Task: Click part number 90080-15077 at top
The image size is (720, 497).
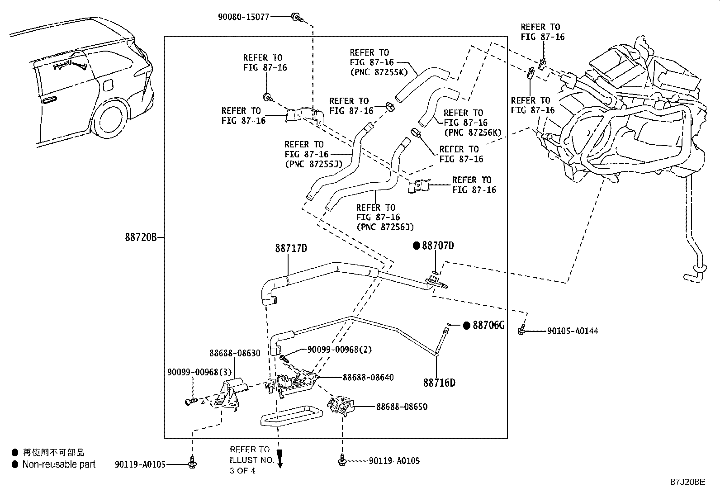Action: point(243,17)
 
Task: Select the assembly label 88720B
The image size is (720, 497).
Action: point(141,237)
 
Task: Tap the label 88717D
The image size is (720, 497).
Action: point(291,248)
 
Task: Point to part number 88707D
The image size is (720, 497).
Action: point(437,246)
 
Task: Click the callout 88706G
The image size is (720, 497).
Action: point(488,325)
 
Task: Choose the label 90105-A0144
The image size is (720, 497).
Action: point(572,331)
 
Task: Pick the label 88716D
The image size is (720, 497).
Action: point(439,383)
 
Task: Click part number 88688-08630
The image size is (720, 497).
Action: point(235,353)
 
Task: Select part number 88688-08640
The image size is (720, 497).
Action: point(368,377)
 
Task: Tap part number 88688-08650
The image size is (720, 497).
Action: point(402,407)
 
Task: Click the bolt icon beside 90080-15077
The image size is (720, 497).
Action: point(297,17)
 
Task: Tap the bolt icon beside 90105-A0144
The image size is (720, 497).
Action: point(521,331)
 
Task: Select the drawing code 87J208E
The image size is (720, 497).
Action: point(687,482)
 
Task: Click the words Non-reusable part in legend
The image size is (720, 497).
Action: point(59,464)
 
